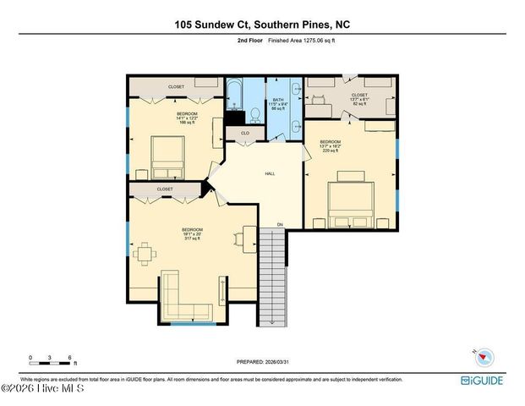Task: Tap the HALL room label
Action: click(270, 173)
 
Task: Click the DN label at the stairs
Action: click(280, 225)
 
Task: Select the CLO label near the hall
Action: click(243, 133)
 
